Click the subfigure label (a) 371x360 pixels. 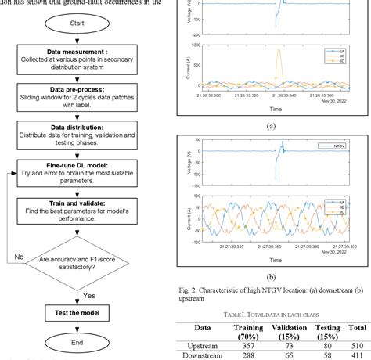(271, 124)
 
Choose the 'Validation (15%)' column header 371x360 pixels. (276, 315)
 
